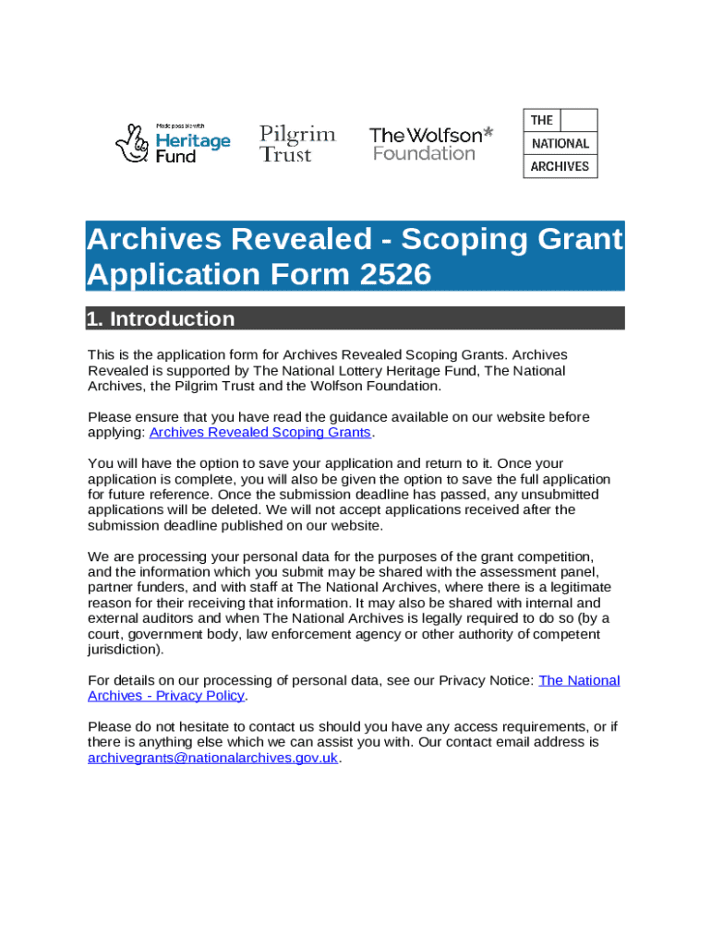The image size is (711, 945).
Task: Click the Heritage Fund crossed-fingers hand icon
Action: pos(131,143)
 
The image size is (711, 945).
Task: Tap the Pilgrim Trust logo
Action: pos(297,143)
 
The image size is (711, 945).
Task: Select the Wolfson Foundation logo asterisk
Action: pos(488,134)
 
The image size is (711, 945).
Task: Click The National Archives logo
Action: pos(560,143)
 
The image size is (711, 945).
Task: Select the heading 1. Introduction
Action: pos(161,319)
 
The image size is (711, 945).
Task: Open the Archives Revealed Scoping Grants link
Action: pos(259,432)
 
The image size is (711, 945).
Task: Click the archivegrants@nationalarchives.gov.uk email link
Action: pos(213,758)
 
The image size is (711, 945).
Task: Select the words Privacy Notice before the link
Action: pos(486,680)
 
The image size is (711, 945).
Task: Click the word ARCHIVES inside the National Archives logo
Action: pos(560,167)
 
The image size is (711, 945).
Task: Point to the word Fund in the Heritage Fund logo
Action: pos(175,157)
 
